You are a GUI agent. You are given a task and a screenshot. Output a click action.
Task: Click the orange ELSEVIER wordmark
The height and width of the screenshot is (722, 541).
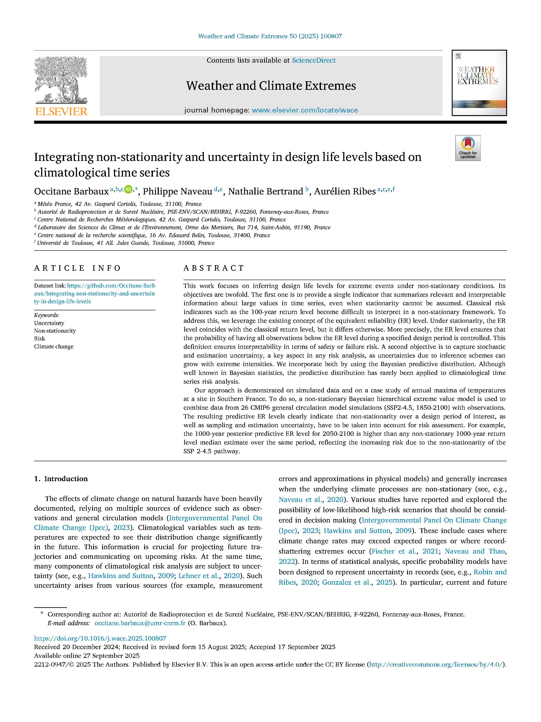[x=61, y=112]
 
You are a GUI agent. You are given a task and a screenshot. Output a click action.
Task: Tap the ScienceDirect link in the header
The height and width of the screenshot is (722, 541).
[x=313, y=60]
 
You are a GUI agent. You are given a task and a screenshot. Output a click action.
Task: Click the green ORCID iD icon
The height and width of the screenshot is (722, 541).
[x=128, y=189]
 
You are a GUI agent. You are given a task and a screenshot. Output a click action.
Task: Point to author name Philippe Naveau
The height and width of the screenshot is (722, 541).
[x=177, y=191]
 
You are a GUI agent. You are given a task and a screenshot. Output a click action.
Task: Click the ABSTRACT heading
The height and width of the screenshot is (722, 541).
[x=214, y=268]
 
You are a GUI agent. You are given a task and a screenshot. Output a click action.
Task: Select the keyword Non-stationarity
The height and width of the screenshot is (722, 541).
[x=55, y=331]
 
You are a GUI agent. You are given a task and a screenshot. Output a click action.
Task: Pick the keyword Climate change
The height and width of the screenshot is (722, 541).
[x=54, y=346]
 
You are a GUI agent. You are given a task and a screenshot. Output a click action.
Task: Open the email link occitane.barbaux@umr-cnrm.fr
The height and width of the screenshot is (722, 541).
[x=140, y=623]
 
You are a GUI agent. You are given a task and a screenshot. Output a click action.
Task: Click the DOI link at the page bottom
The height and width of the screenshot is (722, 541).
[x=100, y=638]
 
